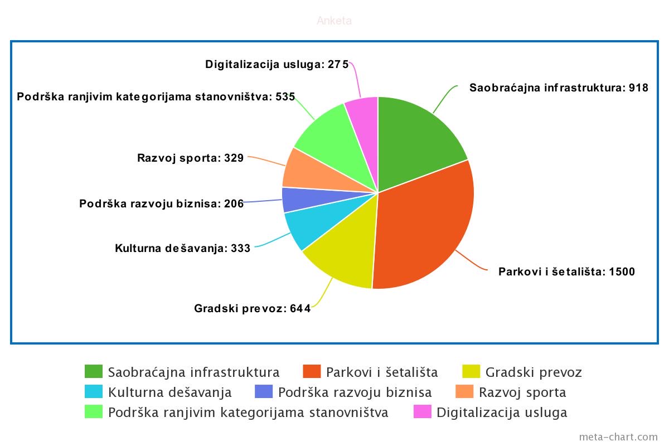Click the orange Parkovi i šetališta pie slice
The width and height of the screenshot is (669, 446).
[429, 223]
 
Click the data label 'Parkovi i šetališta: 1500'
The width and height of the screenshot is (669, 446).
[566, 272]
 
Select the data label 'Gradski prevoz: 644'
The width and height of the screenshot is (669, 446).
[252, 308]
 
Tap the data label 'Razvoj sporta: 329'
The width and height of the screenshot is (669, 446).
[190, 158]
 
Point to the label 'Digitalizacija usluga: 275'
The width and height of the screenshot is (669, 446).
[277, 64]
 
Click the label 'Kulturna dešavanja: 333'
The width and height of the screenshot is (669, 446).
[182, 248]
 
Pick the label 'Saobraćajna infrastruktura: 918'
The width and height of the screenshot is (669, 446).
[559, 88]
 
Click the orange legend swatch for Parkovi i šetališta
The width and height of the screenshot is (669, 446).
[312, 372]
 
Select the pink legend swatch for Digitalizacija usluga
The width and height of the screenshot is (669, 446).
[422, 412]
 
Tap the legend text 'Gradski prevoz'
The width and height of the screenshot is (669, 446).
[534, 372]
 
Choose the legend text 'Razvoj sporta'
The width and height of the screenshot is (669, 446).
[522, 392]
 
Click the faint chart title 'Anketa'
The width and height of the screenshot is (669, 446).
[334, 21]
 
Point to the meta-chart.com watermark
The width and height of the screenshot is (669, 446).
[618, 437]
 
